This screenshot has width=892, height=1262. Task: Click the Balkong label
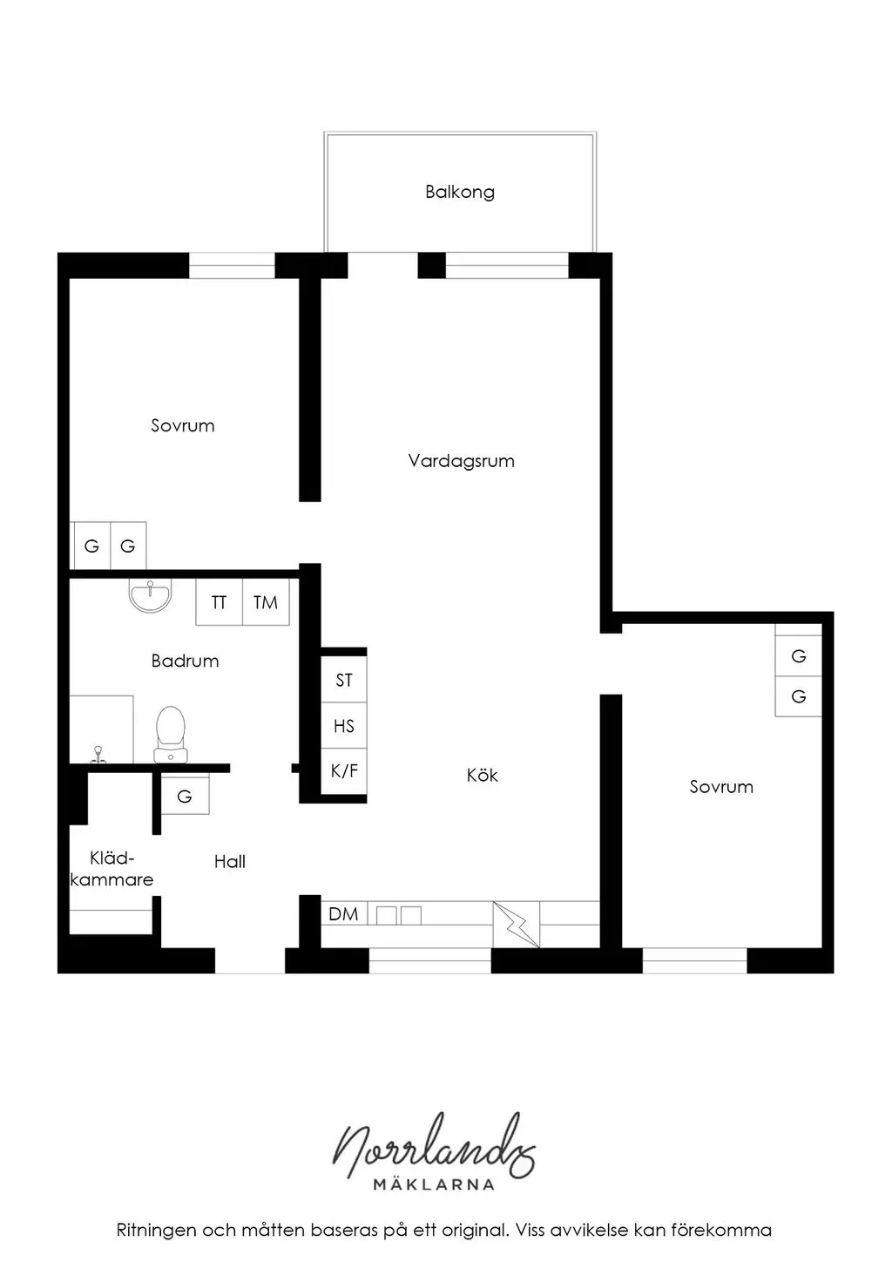point(460,192)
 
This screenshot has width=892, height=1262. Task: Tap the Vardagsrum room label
point(461,461)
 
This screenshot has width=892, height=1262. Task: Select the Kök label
point(482,775)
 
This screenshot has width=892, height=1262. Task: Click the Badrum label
point(185,661)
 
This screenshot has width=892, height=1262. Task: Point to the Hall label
point(230,861)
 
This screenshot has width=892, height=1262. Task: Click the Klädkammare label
point(111,869)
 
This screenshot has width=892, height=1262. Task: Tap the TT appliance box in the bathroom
point(219,602)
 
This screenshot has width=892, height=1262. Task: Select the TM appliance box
point(266,602)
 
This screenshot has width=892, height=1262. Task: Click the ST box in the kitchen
point(344,680)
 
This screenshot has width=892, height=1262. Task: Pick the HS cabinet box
point(344,726)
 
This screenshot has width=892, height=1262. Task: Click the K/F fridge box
point(344,771)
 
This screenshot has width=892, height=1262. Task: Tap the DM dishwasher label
point(343,913)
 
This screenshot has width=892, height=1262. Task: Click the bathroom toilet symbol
point(171,735)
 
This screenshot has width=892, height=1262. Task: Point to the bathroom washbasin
point(150,596)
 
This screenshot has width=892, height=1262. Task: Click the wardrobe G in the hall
point(185,796)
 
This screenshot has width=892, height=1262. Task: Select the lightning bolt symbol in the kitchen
point(517,924)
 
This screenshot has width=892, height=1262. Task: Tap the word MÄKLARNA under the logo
point(434,1184)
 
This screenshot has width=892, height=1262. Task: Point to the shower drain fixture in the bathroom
point(98,755)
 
